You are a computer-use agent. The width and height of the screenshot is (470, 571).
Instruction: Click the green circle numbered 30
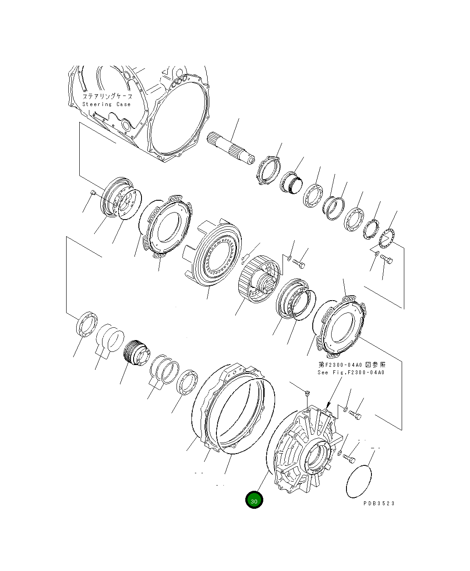click(254, 500)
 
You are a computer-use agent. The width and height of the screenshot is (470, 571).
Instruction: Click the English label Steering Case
click(106, 104)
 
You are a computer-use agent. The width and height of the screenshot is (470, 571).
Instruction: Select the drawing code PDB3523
click(379, 503)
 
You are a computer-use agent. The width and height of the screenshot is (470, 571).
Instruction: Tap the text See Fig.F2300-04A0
click(351, 372)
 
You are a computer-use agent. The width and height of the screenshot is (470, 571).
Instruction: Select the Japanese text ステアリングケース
click(107, 96)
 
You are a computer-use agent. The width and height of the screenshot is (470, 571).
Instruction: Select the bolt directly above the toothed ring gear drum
click(299, 264)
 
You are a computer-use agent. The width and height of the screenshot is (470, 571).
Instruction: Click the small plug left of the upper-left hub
click(93, 192)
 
